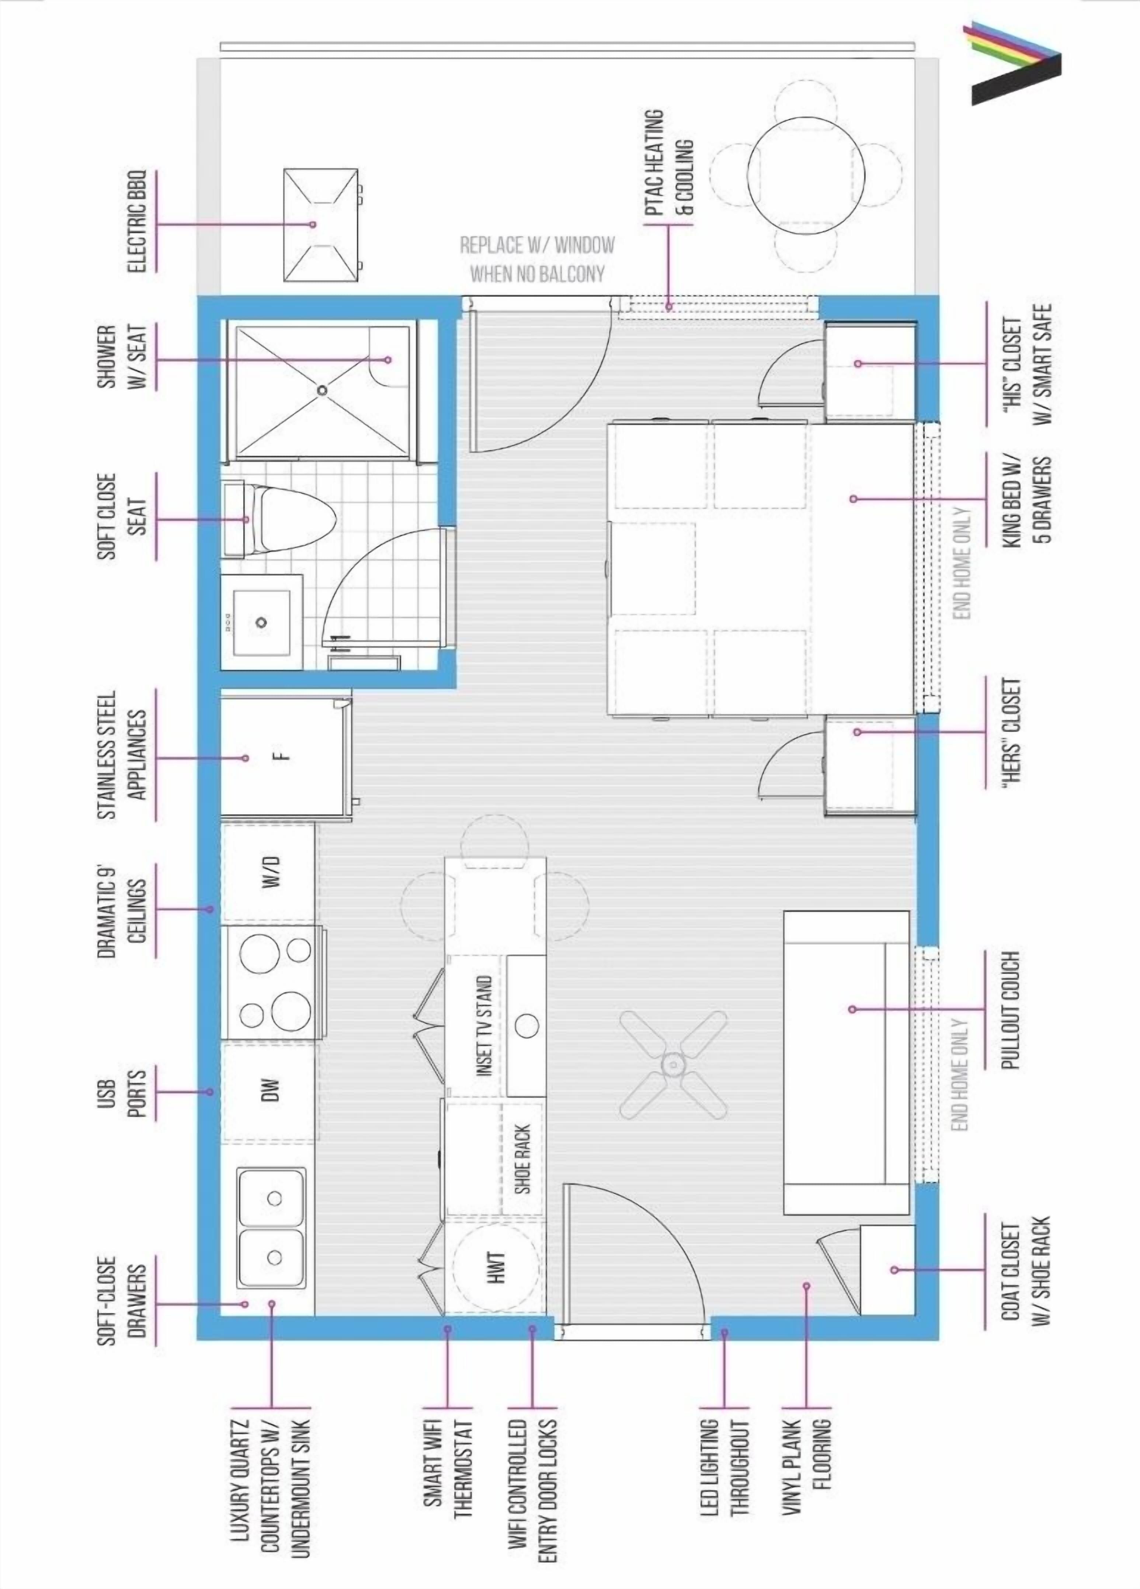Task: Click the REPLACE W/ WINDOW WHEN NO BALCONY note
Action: pyautogui.click(x=537, y=259)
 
